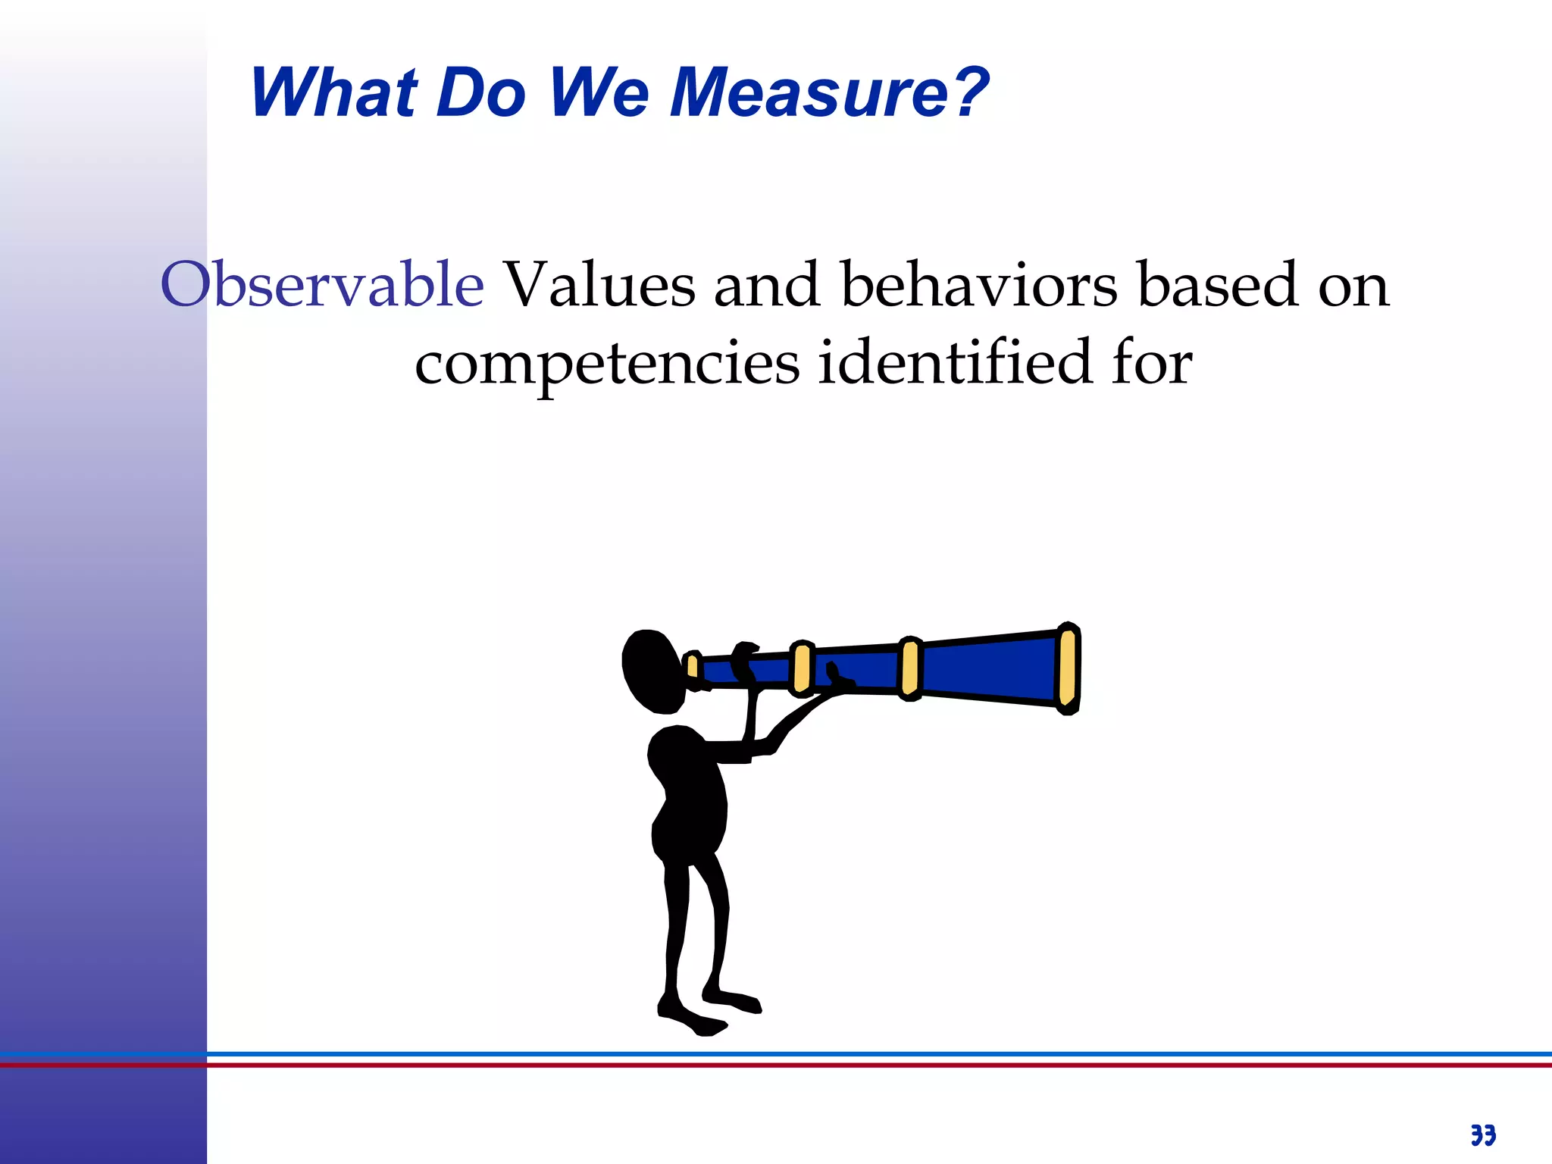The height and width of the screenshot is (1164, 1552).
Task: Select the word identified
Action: coord(955,362)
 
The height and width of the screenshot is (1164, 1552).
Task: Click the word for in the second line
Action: coord(1152,362)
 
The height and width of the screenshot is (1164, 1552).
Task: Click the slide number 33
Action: coord(1483,1135)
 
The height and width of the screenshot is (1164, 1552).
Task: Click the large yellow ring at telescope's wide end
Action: coord(1068,668)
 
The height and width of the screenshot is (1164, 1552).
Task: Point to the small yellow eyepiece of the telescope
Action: coord(692,667)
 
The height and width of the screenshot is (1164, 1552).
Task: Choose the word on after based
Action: coord(1353,286)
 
